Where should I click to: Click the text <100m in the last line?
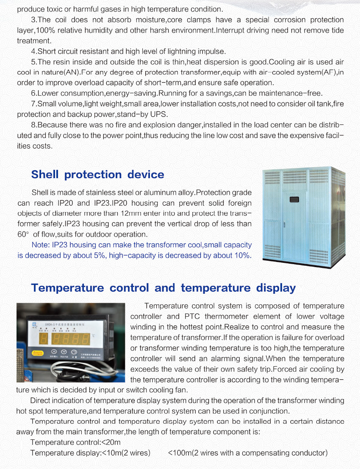pyautogui.click(x=179, y=453)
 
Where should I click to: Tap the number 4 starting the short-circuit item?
pyautogui.click(x=33, y=52)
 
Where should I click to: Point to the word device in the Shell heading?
pyautogui.click(x=145, y=174)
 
